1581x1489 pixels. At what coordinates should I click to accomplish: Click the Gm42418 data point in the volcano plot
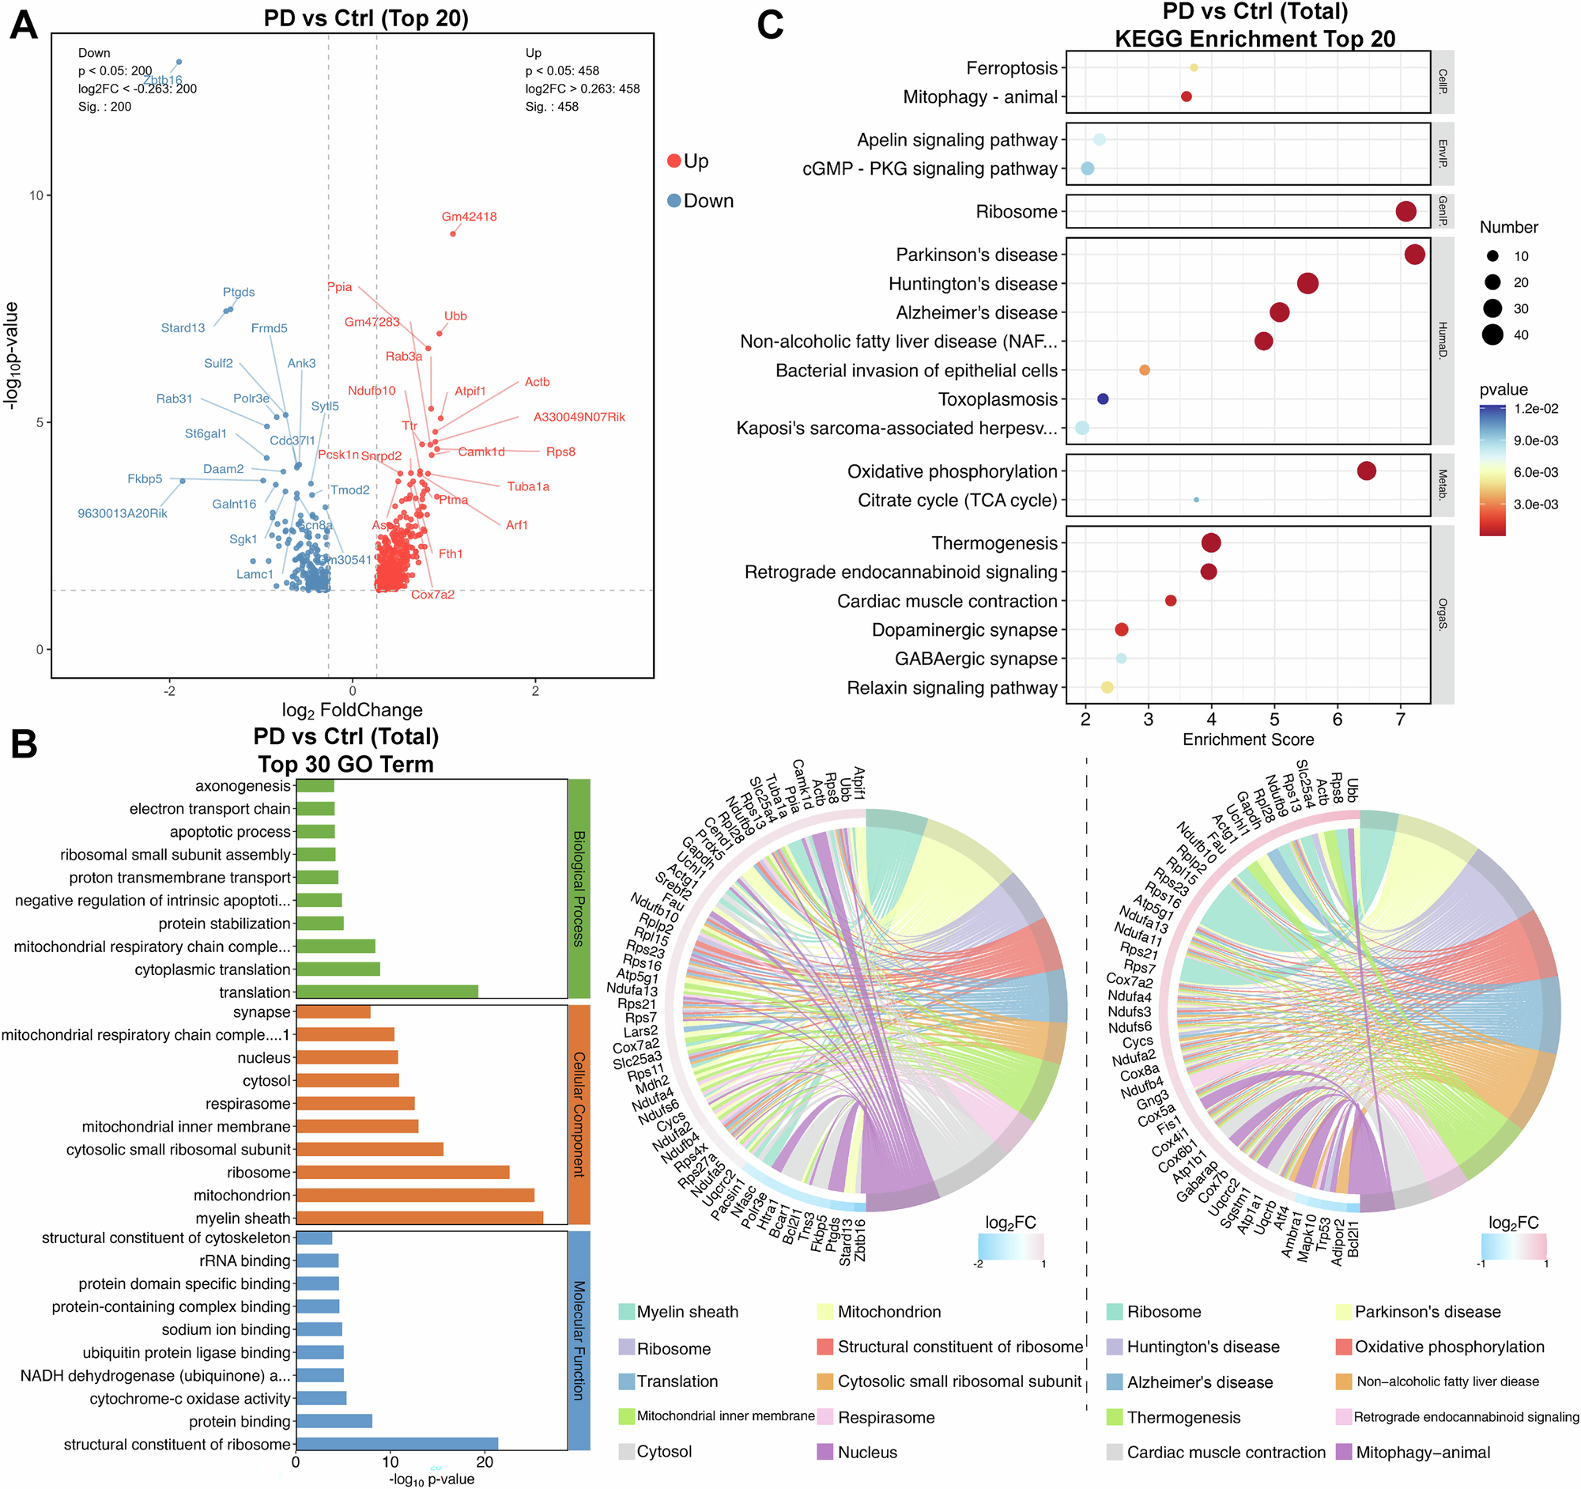(452, 233)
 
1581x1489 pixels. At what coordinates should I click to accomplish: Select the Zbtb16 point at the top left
(179, 62)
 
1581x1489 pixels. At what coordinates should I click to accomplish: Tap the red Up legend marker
(674, 161)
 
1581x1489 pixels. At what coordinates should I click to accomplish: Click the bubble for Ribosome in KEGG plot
(1406, 212)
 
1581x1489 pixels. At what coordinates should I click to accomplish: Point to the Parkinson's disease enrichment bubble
(1414, 255)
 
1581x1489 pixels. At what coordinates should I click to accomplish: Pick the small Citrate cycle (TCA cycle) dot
(1196, 501)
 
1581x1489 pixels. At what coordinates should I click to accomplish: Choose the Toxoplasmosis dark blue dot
(1102, 399)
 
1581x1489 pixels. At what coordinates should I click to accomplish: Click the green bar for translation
(387, 992)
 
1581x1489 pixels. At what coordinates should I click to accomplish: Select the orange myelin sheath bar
(419, 1218)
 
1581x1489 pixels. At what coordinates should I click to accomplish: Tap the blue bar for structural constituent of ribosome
(397, 1444)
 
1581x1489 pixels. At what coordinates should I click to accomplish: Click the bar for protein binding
(334, 1420)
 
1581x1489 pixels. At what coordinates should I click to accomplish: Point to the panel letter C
(770, 25)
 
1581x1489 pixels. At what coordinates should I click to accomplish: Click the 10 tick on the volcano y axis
(36, 195)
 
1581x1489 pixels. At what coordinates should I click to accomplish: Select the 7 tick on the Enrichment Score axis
(1401, 719)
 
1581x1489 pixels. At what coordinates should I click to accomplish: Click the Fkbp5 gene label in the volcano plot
(145, 479)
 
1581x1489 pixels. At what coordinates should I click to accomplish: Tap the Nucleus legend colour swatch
(824, 1452)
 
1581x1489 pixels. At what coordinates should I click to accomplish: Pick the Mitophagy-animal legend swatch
(1344, 1452)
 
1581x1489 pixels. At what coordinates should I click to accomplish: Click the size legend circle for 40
(1492, 334)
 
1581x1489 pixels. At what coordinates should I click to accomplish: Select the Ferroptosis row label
(1012, 69)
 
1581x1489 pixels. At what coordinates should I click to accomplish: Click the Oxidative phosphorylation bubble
(1366, 471)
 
